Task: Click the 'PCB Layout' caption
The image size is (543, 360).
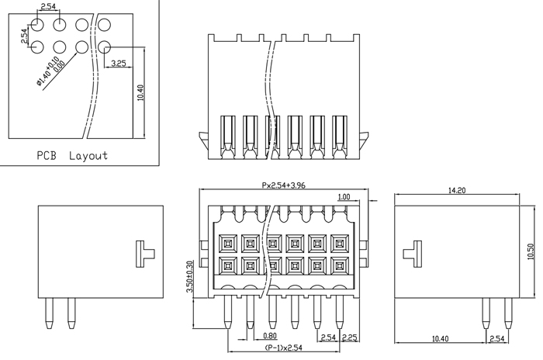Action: click(72, 156)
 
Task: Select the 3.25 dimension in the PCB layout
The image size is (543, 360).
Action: click(119, 64)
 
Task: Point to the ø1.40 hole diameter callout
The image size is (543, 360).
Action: click(50, 71)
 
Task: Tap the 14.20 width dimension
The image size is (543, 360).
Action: click(457, 190)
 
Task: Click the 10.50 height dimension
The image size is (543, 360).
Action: click(531, 251)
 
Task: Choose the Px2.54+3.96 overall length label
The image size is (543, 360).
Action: click(284, 185)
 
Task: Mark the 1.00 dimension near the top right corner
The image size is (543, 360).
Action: click(344, 197)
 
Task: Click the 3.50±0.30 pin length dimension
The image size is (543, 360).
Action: click(190, 276)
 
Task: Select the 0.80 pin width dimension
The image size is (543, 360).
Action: click(270, 335)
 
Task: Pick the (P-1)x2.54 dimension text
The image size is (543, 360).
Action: click(283, 348)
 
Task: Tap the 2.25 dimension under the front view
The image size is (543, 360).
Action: click(349, 337)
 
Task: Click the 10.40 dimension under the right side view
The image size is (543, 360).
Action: click(441, 338)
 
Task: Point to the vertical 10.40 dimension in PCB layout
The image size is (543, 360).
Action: click(140, 93)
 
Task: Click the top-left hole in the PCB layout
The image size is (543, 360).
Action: click(37, 25)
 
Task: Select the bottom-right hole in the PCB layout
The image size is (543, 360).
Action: click(104, 47)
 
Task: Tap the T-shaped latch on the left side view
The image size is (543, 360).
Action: click(145, 254)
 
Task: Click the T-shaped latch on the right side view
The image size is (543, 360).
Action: click(413, 254)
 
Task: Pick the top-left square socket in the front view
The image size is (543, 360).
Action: click(227, 244)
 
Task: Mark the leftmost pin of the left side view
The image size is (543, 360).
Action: click(50, 313)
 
